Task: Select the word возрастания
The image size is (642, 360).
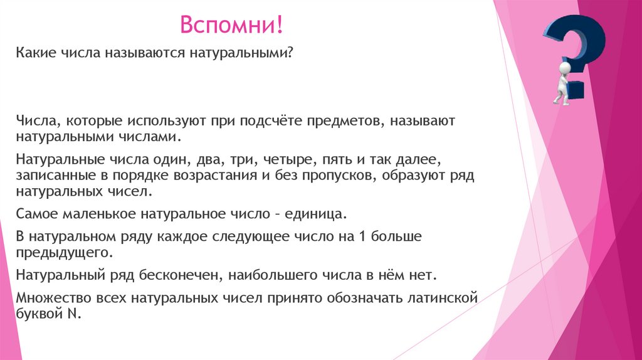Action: tap(206, 175)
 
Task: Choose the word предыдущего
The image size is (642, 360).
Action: tap(65, 253)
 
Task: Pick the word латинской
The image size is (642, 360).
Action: tap(443, 298)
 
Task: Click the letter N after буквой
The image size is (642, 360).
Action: tap(71, 314)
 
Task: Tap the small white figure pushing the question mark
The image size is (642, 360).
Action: tap(561, 82)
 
